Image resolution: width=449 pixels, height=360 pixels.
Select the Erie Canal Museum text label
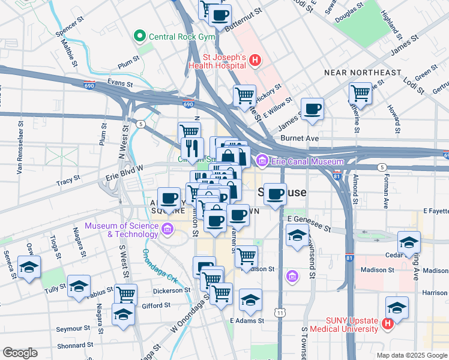tap(306, 161)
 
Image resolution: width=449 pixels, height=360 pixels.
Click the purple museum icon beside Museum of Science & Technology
tap(167, 229)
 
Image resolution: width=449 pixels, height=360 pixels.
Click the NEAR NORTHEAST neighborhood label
tap(362, 73)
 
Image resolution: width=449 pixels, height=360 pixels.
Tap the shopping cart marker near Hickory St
tap(244, 95)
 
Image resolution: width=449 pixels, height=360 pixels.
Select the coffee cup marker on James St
tap(312, 109)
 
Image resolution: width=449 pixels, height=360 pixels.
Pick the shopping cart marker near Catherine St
tap(360, 93)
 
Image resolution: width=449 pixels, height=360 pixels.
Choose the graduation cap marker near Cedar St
tap(409, 242)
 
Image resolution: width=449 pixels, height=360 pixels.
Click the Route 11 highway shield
tap(280, 313)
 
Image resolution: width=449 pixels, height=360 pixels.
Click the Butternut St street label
tap(244, 27)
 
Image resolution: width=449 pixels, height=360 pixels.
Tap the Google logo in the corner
tap(20, 353)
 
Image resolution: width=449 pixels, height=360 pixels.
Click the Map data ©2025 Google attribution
tap(411, 355)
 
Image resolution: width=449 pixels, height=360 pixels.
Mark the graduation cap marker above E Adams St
tap(250, 300)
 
